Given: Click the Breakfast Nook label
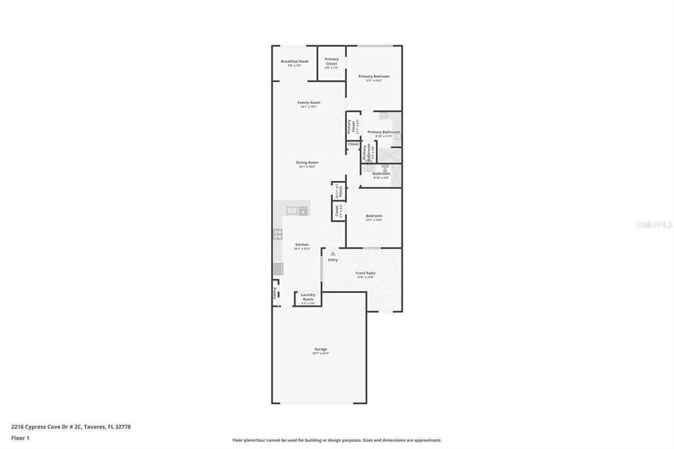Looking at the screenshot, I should pos(294,61).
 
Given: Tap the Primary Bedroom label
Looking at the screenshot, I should pos(374,76).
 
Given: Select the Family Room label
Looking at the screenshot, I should pos(309,103).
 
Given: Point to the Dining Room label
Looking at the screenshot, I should pos(307,163).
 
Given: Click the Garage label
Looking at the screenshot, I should pos(321,350).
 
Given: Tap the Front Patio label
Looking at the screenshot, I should pos(365,273).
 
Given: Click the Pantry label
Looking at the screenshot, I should pos(275,293).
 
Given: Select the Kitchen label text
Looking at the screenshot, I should pos(301,245).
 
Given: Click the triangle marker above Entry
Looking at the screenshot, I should pos(333,253).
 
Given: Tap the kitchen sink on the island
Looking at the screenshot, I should pos(292,211).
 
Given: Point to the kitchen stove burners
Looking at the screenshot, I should pos(278,234).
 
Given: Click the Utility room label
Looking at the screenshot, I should pos(339,191).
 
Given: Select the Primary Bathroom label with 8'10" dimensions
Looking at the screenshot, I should pos(384,132).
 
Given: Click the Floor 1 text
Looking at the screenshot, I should pos(20,438).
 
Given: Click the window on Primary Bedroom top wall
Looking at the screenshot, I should pos(375,45).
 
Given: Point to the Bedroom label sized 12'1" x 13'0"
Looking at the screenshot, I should pos(374,216).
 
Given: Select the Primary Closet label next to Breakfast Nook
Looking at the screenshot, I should pos(332,61).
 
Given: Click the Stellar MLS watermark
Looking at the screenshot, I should pos(654,224).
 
